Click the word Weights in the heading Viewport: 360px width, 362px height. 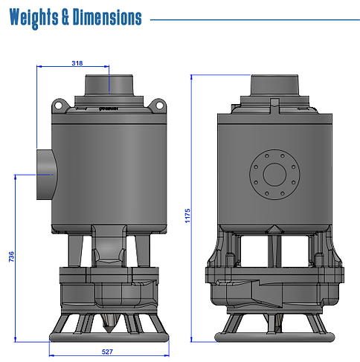[34, 18]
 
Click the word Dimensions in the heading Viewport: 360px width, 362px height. [107, 17]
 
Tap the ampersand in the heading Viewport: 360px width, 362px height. [65, 17]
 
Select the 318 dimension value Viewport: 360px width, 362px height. [77, 63]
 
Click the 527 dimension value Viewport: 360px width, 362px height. [107, 352]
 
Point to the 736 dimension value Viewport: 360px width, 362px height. [11, 256]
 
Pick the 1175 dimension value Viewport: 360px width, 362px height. [187, 216]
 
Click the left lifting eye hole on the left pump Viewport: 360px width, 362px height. [58, 106]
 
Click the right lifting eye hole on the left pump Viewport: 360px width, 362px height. [160, 106]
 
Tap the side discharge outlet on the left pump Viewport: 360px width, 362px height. [46, 175]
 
